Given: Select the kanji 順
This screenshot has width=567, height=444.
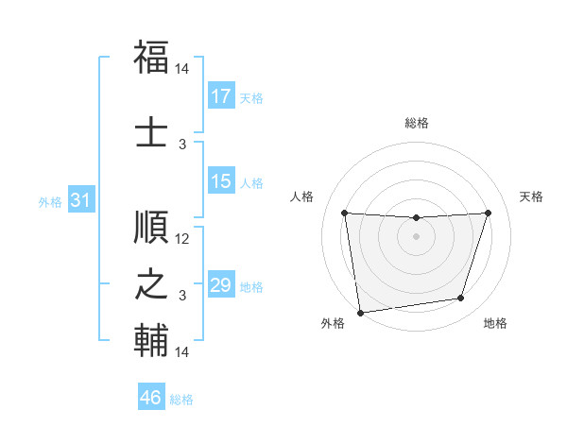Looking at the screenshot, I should tap(152, 228).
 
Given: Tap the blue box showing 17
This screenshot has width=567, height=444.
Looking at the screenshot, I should tap(221, 96).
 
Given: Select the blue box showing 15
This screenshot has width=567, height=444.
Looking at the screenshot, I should tap(221, 181).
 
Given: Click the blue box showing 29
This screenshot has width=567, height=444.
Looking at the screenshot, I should tap(221, 285).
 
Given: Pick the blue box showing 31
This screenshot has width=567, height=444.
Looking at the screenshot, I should tap(81, 200).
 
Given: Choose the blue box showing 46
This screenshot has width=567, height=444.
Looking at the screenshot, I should tap(151, 398).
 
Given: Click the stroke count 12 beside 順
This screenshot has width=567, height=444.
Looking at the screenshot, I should tap(182, 239).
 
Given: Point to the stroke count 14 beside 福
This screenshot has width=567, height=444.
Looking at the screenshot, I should tap(182, 70).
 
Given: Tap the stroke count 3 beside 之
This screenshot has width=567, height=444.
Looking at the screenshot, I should tap(182, 296).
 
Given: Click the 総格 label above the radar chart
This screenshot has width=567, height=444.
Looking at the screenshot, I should tap(417, 124).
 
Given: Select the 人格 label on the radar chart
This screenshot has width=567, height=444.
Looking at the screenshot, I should tap(302, 196).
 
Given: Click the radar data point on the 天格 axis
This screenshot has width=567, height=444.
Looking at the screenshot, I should tap(489, 213).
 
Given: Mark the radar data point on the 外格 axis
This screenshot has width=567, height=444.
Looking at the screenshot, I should tap(360, 312).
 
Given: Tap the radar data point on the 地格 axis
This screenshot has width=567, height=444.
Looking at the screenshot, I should tap(461, 299).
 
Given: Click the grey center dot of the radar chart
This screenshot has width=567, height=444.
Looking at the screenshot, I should tap(416, 236).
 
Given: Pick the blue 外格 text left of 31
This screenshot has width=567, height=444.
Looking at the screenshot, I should tap(50, 201).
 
